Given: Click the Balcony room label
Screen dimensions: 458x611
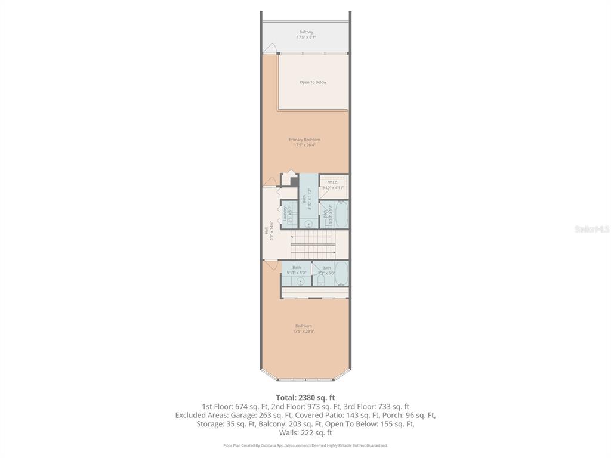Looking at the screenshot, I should point(305,32).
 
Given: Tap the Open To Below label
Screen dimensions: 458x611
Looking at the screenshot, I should point(313,82).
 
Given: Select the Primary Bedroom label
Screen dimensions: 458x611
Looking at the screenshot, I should point(304,140).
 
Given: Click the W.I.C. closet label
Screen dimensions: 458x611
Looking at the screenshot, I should point(333,182).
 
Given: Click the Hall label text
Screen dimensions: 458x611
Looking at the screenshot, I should point(266,230).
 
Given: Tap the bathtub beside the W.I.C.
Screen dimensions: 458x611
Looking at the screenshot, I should point(341,215).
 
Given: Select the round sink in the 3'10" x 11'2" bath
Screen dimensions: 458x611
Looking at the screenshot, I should point(308,224).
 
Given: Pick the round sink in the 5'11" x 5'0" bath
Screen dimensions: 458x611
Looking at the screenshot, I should point(300,281).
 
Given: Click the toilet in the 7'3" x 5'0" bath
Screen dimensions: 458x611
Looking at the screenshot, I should point(321,280).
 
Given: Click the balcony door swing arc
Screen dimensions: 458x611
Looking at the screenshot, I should point(270,48).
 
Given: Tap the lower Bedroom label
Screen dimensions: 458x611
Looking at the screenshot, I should point(303,326).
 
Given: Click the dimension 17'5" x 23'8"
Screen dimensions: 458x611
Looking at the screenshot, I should point(303,331).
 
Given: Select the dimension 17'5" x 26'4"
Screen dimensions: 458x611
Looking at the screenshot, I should point(304,144).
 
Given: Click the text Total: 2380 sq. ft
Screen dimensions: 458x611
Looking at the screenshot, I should point(305,398).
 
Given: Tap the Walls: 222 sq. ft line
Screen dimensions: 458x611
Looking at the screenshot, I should point(305,433).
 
